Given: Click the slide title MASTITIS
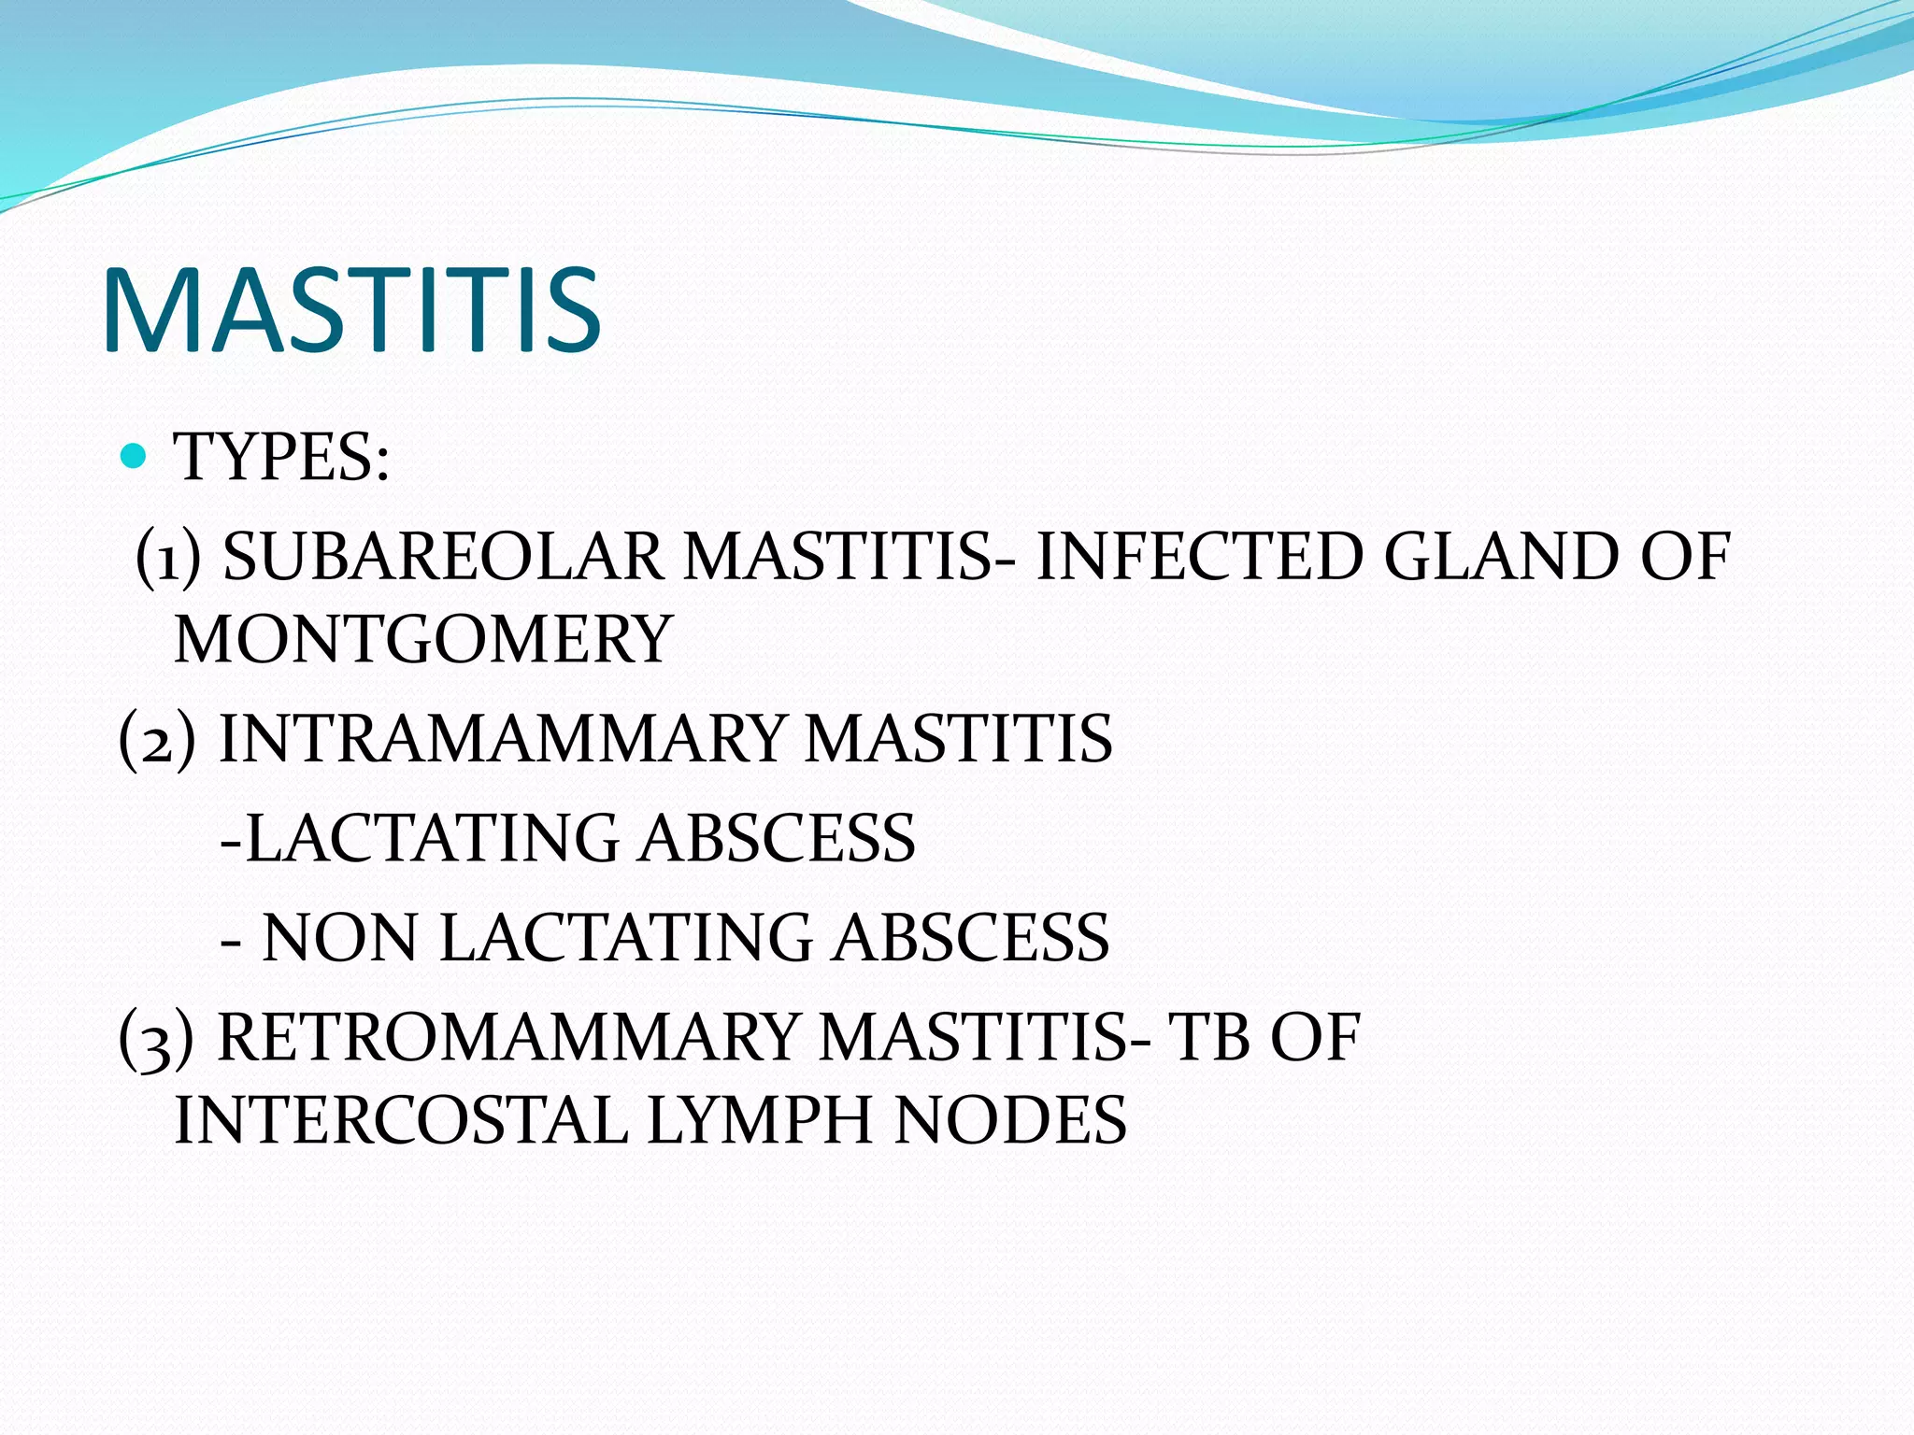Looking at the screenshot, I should click(350, 310).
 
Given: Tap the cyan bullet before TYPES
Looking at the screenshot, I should click(135, 457).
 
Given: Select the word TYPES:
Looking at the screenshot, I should click(281, 458).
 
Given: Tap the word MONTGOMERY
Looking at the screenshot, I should click(423, 640).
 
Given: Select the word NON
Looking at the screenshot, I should click(338, 938).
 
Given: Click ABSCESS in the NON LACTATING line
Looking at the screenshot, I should click(972, 938).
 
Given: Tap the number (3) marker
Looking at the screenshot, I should click(157, 1038).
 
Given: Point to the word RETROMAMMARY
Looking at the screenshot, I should click(506, 1038).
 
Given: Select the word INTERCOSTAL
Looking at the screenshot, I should click(401, 1120).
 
